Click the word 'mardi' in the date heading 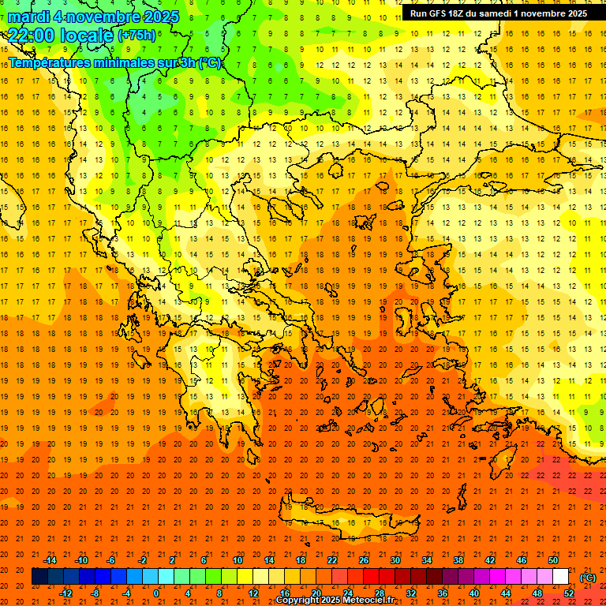(28, 17)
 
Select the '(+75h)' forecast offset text (137, 36)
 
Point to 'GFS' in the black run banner (443, 13)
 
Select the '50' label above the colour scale (553, 560)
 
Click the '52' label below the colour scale (569, 593)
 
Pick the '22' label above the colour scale (332, 560)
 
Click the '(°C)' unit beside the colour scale (588, 578)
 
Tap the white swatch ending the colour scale (561, 577)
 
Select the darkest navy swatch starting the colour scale (39, 577)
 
